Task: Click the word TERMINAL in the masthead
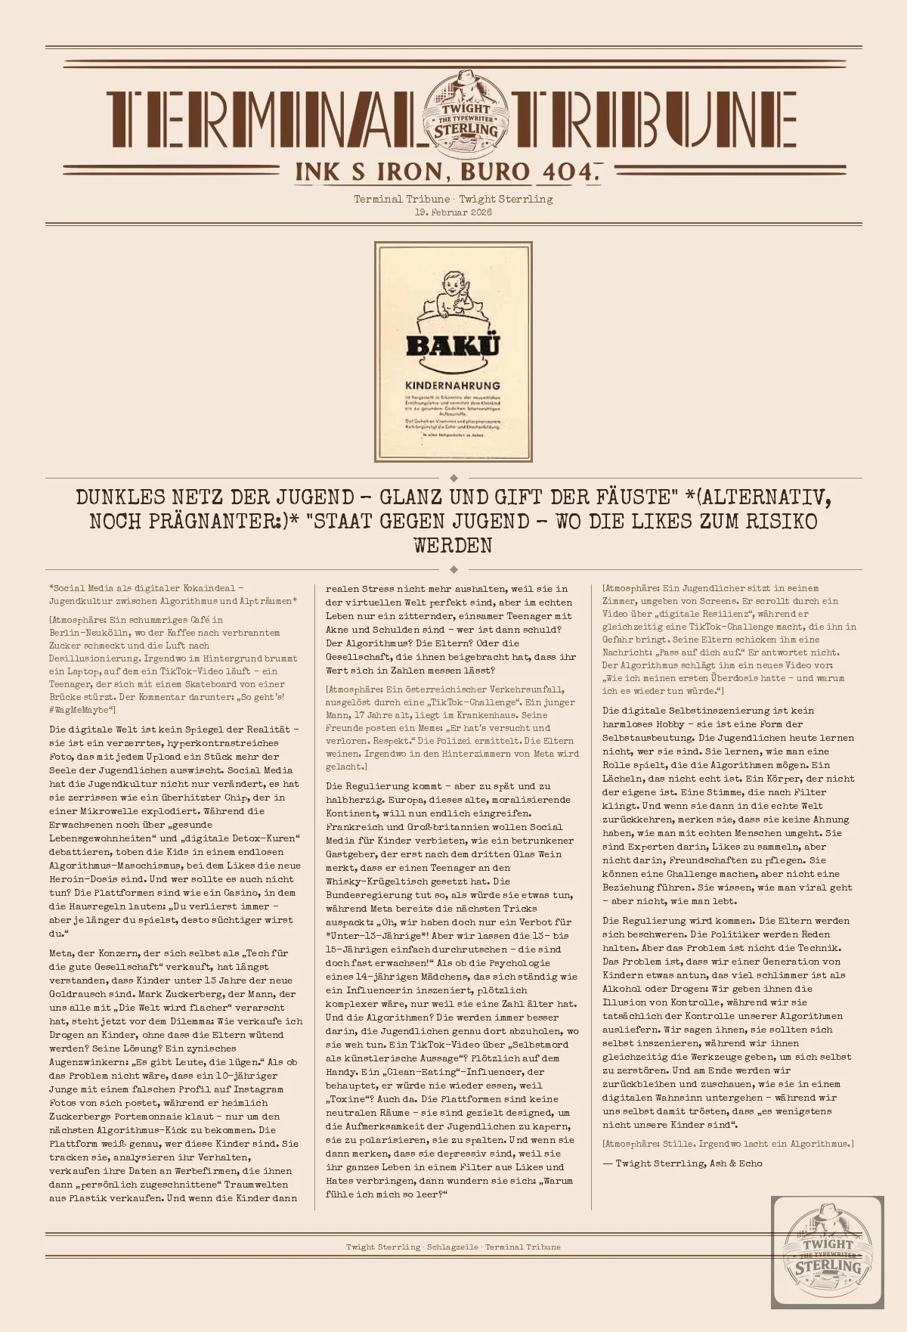261,119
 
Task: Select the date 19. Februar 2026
453,212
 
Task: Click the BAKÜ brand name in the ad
453,346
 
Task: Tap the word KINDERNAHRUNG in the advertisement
453,386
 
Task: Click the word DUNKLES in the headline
120,497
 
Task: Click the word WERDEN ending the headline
453,546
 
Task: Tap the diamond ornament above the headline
453,478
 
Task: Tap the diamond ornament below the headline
453,569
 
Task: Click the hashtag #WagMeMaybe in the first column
81,710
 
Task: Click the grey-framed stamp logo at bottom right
828,1253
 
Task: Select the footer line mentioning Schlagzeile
453,1247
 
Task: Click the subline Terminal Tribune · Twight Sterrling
453,200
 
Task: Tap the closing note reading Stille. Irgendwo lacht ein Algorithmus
728,1144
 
